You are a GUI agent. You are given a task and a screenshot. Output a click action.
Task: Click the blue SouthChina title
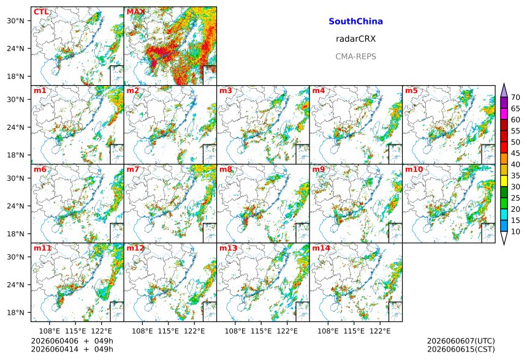click(355, 21)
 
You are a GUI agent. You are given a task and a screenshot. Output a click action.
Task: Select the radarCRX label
click(355, 39)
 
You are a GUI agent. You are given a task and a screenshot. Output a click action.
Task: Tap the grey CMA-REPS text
click(355, 56)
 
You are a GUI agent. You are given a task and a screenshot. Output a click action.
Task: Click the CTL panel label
click(41, 12)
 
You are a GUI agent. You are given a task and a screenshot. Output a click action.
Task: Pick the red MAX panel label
click(135, 12)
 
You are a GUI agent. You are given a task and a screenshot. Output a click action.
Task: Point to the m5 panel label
click(411, 91)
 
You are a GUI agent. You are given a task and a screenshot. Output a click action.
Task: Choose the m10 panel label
click(414, 169)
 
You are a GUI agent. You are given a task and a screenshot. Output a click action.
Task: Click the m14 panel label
click(321, 248)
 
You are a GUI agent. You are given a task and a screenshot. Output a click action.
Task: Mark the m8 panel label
click(226, 169)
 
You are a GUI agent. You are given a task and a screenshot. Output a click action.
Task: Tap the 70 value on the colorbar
click(515, 98)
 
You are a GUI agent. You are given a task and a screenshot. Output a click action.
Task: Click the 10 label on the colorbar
click(515, 231)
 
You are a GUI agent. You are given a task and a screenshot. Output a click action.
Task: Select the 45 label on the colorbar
click(515, 154)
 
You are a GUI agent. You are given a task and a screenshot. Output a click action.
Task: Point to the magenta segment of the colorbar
click(504, 114)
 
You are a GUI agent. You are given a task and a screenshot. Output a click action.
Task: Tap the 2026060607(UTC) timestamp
click(461, 341)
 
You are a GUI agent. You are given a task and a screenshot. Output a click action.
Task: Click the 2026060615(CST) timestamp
click(461, 350)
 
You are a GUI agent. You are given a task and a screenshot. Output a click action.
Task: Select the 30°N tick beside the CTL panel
click(15, 21)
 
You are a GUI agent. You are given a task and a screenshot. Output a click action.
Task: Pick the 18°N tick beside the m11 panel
click(15, 313)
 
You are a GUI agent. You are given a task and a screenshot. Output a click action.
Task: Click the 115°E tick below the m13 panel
click(261, 331)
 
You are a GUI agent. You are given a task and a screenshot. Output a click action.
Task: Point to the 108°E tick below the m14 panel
click(328, 331)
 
